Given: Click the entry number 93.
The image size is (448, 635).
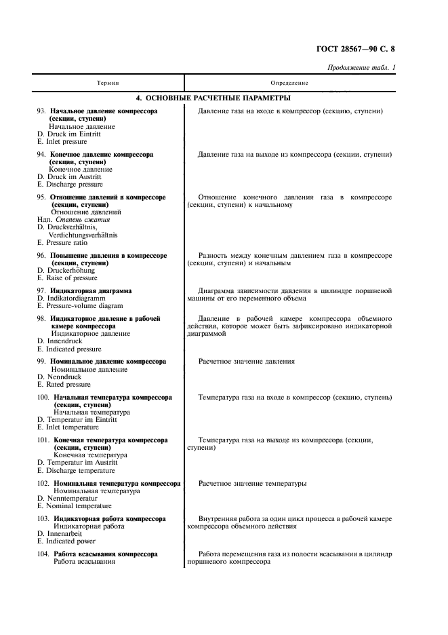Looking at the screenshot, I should (x=41, y=111).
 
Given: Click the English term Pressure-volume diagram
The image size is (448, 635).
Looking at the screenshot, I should (x=79, y=306).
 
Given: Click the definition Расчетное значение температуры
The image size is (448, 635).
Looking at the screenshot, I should (x=252, y=484).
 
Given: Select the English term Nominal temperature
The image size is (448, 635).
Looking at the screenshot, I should (x=71, y=506).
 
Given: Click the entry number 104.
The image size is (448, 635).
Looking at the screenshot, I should (x=43, y=554).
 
